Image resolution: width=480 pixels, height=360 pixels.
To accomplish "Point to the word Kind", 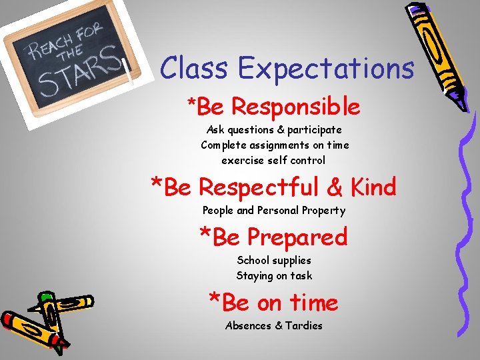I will coord(371,187).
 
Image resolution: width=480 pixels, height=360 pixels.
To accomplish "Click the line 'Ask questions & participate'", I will coord(274,130).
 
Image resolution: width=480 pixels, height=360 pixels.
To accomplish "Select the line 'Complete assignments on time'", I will coord(275,145).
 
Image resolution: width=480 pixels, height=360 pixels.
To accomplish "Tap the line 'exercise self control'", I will coord(273,161).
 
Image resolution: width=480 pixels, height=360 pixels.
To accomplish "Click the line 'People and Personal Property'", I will coord(274,211).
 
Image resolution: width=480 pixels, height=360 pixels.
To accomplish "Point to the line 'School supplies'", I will coord(274,261).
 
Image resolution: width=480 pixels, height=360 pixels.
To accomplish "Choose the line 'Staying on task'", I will coord(274,276).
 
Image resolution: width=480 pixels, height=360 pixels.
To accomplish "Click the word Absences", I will coord(248,326).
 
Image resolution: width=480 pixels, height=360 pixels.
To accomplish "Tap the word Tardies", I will coord(303,326).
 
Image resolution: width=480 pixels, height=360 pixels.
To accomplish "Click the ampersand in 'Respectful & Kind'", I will coord(335,188).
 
